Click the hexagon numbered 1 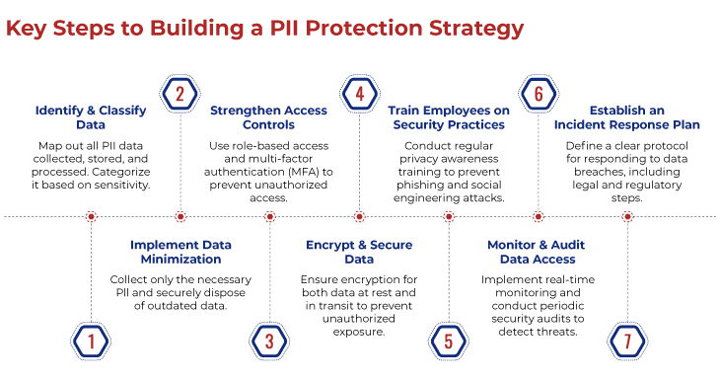click(x=90, y=342)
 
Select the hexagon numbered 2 click(x=180, y=94)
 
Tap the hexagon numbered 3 click(x=269, y=342)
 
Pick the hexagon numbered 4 click(x=359, y=94)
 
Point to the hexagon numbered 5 click(x=448, y=342)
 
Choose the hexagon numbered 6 click(x=539, y=94)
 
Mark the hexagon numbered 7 click(x=627, y=342)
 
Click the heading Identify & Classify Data click(x=90, y=117)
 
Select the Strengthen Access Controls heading click(x=269, y=117)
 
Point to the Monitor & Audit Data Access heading click(x=538, y=252)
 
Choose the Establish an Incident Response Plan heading click(x=627, y=117)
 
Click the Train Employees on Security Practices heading click(x=448, y=117)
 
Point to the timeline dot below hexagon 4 click(x=359, y=216)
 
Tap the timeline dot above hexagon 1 click(x=91, y=216)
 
